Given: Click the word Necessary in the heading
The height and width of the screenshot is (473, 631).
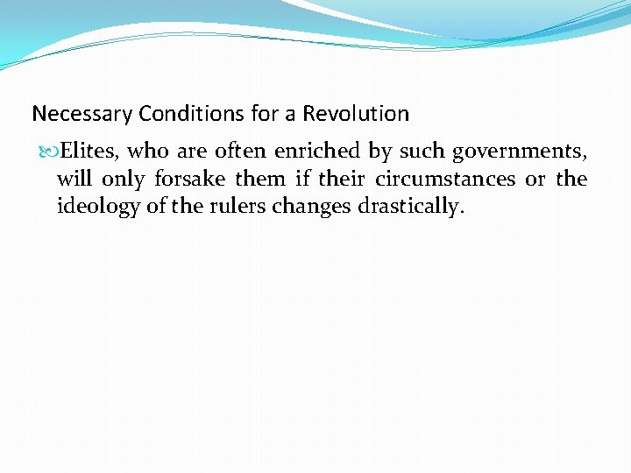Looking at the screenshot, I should coord(73,114).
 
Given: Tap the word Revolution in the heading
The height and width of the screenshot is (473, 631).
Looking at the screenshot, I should coord(355,114).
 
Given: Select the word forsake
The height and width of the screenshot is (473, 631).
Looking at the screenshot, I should coord(189,180).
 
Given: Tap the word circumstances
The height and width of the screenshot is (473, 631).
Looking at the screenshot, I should coord(445,180).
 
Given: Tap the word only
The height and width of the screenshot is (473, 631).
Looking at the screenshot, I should coord(123,180).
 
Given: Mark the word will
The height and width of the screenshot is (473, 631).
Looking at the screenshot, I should coord(74,180).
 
